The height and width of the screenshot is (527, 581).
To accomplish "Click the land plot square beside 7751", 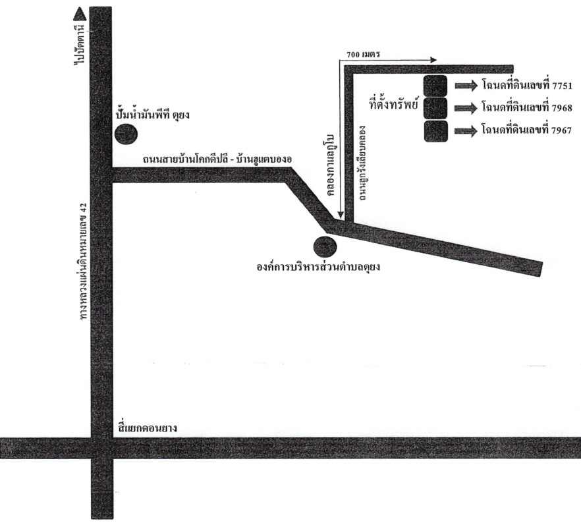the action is click(435, 86).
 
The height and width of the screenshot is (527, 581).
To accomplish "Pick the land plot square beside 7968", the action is click(435, 108).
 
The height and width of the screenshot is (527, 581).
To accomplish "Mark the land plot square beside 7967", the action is click(435, 131).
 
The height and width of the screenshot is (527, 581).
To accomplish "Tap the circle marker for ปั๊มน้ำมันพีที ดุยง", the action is click(126, 134).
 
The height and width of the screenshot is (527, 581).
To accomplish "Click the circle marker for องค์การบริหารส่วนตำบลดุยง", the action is click(325, 247).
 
